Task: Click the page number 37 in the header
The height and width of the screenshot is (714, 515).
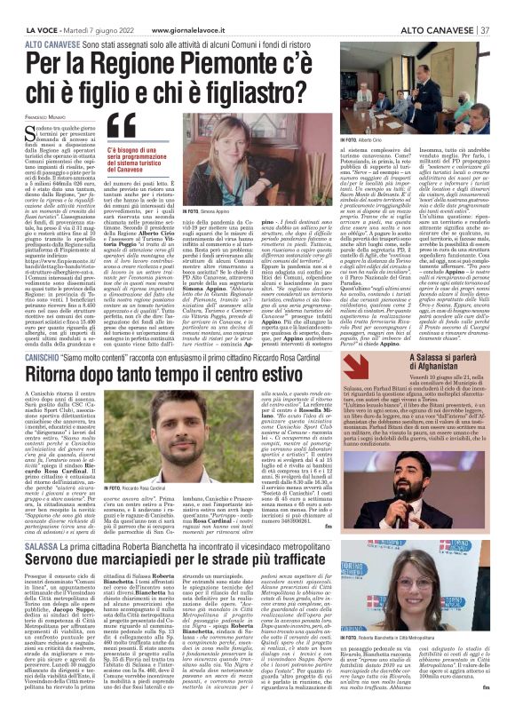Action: (x=486, y=32)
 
